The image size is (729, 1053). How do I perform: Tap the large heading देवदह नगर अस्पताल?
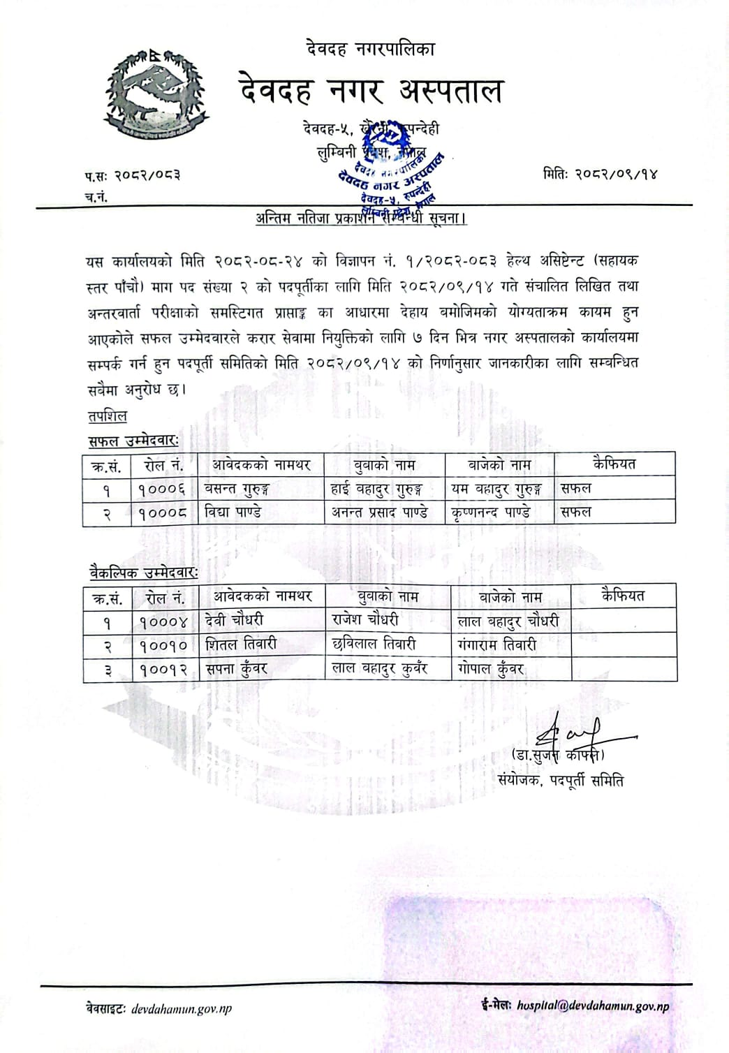[x=371, y=91]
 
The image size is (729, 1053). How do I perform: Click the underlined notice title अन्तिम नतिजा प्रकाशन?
[x=361, y=218]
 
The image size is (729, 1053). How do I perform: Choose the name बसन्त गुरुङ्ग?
[x=237, y=489]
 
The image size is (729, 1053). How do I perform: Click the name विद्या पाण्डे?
[x=233, y=512]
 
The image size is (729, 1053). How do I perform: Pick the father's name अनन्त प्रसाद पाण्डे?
[x=379, y=512]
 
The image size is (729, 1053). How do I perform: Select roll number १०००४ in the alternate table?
[x=163, y=621]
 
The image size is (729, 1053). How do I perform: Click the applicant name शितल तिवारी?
[x=242, y=645]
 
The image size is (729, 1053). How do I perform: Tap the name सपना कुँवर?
[x=237, y=669]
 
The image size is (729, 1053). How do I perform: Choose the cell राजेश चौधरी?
[x=366, y=619]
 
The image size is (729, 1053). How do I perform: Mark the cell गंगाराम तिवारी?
[x=497, y=645]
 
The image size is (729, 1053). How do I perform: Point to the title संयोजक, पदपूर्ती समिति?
[x=561, y=780]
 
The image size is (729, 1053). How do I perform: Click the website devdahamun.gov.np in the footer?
[x=182, y=1008]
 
